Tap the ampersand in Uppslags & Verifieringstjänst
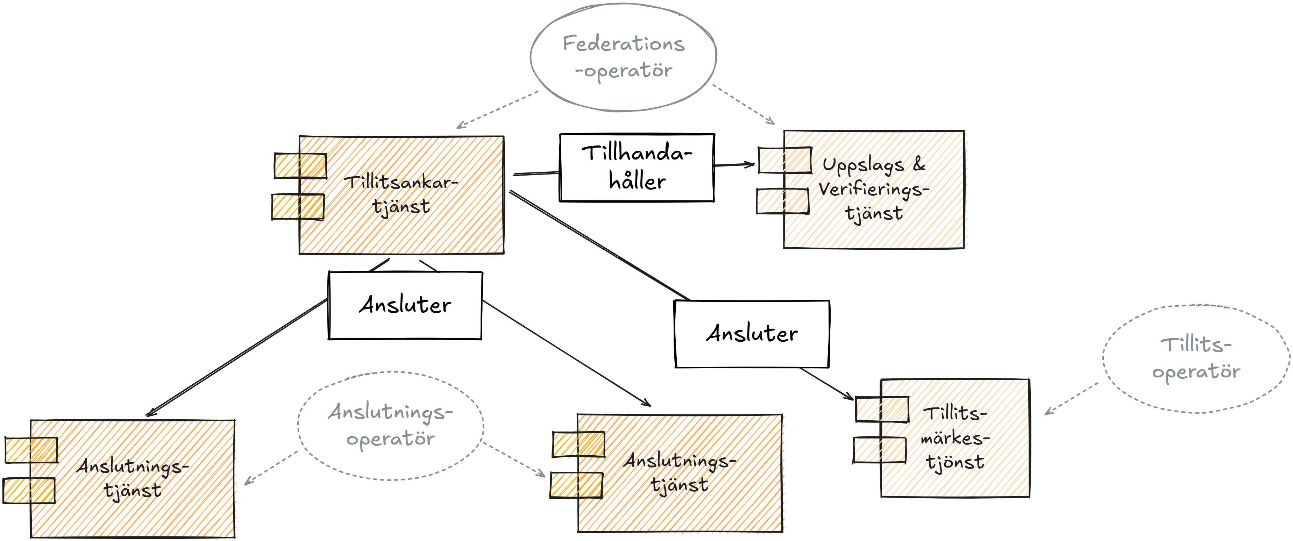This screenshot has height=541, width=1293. (x=919, y=164)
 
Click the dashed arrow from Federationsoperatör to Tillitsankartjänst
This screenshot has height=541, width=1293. (x=497, y=110)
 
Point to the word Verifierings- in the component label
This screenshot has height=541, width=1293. (x=874, y=189)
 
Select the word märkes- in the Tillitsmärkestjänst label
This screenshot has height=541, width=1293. (x=955, y=438)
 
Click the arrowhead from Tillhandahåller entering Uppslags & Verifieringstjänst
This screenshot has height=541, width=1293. (x=750, y=164)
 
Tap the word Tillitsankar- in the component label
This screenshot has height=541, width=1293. (x=401, y=182)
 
